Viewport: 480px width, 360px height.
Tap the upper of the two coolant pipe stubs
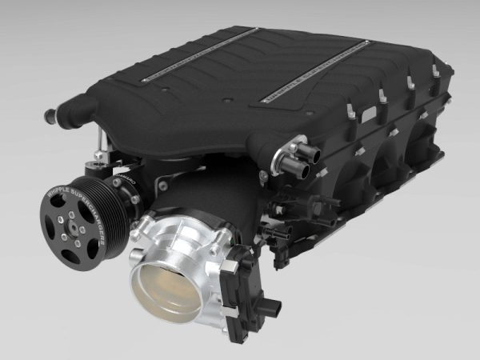coord(303,151)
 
